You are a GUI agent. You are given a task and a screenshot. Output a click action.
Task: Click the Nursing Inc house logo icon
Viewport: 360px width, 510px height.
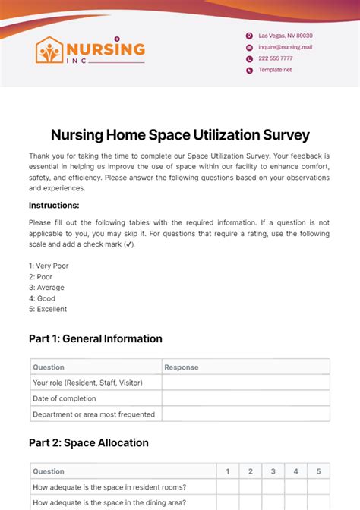[x=51, y=51]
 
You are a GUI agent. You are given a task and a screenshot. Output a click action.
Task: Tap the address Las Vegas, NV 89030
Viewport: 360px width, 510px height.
[x=285, y=36]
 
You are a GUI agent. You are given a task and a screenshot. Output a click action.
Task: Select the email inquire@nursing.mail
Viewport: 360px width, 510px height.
[x=285, y=47]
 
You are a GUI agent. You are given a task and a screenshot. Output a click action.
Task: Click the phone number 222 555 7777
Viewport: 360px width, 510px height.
[x=275, y=58]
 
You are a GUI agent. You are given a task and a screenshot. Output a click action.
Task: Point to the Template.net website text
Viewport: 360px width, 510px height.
[x=274, y=70]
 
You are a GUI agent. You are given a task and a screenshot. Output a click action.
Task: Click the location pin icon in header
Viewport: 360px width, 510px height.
[x=249, y=36]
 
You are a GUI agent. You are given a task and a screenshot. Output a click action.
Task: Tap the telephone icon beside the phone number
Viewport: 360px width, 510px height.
[x=249, y=58]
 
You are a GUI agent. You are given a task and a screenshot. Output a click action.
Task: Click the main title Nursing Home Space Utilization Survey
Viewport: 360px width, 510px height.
[x=180, y=134]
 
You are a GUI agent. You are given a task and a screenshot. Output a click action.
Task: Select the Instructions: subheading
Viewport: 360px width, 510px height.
[x=54, y=205]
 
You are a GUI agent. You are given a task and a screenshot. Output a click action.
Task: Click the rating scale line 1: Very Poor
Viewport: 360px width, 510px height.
[x=48, y=266]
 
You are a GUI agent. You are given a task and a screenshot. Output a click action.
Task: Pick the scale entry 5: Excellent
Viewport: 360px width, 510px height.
[x=48, y=309]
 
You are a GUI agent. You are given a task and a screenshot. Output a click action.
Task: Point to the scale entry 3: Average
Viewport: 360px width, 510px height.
[x=46, y=288]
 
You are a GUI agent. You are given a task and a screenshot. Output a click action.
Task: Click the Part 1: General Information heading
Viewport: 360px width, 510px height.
[x=96, y=338]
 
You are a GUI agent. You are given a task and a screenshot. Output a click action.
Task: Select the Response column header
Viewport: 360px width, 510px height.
[x=182, y=367]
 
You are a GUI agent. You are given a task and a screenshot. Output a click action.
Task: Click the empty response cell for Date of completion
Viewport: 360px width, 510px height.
[x=245, y=398]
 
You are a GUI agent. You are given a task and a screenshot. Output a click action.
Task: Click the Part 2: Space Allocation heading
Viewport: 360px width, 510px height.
[x=89, y=442]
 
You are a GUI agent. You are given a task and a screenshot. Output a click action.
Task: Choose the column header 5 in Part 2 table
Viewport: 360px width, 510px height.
[x=318, y=471]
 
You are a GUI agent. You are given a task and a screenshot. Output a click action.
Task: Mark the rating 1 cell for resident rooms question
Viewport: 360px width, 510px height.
[x=227, y=487]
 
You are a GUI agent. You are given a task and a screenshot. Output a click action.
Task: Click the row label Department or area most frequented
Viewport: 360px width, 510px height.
[x=93, y=414]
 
